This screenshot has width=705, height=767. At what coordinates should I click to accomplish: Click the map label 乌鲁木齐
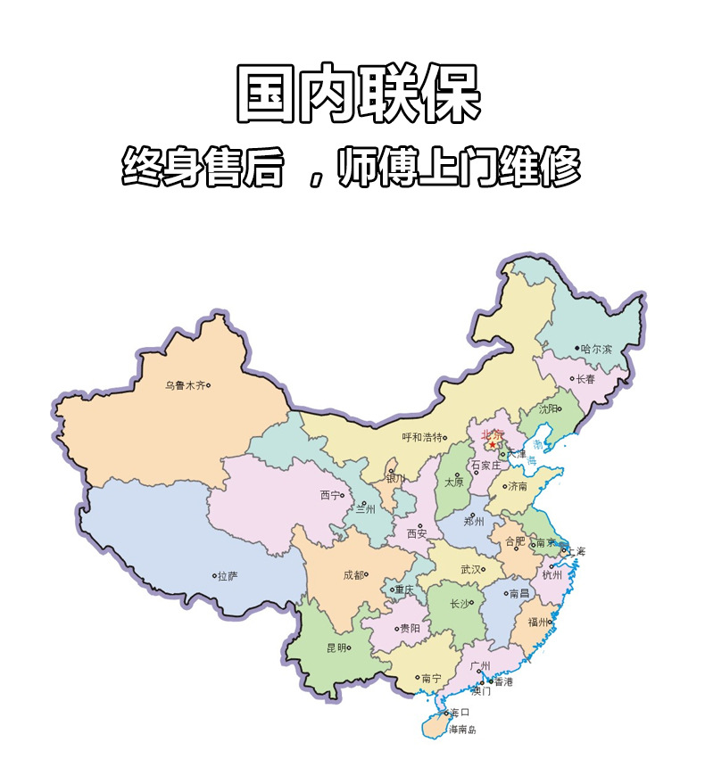185,386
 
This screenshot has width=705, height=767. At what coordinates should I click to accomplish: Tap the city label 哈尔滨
596,349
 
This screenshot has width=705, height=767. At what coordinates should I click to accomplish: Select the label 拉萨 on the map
228,576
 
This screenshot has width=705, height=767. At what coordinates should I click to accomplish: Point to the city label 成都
353,575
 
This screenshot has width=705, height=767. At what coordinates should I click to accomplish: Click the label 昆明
336,648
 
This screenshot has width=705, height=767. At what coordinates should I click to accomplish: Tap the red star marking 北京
492,445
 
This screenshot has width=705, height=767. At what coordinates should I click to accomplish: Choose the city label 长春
585,378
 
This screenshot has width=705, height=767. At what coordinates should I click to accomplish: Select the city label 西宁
330,495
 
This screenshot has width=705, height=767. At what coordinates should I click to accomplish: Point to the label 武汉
470,569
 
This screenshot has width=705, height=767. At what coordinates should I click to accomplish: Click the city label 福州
539,622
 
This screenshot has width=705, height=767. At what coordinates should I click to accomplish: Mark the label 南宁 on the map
431,679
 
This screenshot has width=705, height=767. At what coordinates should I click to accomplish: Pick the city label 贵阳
410,628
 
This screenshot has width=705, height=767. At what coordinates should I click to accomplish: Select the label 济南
518,487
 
